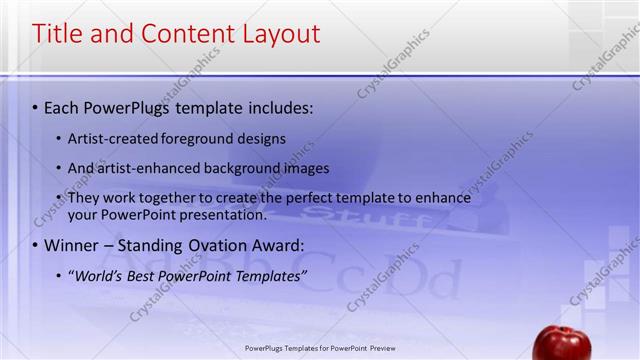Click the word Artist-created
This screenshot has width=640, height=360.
point(113,138)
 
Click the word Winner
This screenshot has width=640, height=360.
point(72,245)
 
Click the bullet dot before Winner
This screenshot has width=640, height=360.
point(35,245)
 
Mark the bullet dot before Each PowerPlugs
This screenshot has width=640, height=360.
point(35,105)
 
